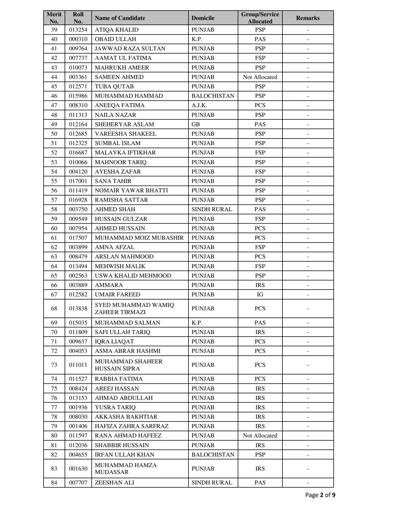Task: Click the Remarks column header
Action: tap(307, 18)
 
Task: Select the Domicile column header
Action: tap(203, 18)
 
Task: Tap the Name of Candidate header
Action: tap(120, 18)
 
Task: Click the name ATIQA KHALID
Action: tap(117, 30)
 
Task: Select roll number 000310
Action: tap(78, 39)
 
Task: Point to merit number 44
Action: tap(54, 77)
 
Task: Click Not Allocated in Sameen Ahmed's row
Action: tap(260, 77)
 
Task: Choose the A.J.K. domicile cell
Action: tap(199, 105)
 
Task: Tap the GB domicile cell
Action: tap(196, 124)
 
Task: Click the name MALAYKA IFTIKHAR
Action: tap(125, 153)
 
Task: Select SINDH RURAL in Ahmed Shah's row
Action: tap(212, 209)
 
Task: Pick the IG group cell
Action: tap(260, 294)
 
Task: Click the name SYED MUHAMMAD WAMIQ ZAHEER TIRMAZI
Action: tap(134, 308)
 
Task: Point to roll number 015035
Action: tap(78, 322)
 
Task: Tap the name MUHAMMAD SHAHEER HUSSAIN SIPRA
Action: tap(128, 365)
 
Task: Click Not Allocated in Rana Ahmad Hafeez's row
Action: tap(260, 436)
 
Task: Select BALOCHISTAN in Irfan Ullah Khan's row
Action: tap(213, 455)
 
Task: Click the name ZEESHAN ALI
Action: tap(114, 482)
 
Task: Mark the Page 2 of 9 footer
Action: tap(320, 495)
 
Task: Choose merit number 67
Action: tap(54, 294)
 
